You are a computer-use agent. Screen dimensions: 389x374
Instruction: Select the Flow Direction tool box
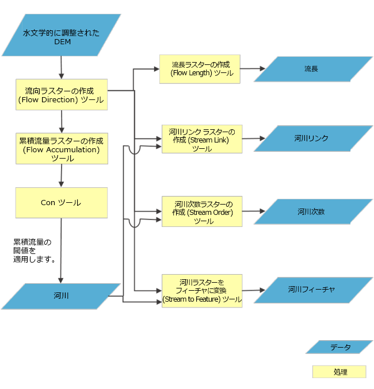tap(61, 95)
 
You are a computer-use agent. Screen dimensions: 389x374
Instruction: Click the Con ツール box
tap(61, 202)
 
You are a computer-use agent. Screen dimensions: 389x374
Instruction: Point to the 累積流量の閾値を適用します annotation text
tap(35, 251)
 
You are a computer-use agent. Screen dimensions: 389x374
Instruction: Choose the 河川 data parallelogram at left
tap(61, 296)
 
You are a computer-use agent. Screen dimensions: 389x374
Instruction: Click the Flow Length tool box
tap(199, 69)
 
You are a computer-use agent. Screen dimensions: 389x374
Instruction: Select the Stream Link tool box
tap(201, 140)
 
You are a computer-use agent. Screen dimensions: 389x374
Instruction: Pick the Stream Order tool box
tap(201, 211)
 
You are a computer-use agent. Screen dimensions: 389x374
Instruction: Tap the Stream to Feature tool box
tap(201, 290)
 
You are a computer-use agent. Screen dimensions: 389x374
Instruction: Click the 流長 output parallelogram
tap(311, 69)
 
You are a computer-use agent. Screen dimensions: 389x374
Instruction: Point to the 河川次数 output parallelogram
tap(311, 211)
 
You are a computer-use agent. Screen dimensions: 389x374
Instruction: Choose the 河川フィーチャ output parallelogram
tap(311, 290)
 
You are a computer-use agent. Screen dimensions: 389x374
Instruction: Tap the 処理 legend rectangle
tap(339, 372)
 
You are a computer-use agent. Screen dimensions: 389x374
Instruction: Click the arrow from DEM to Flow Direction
tap(61, 68)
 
